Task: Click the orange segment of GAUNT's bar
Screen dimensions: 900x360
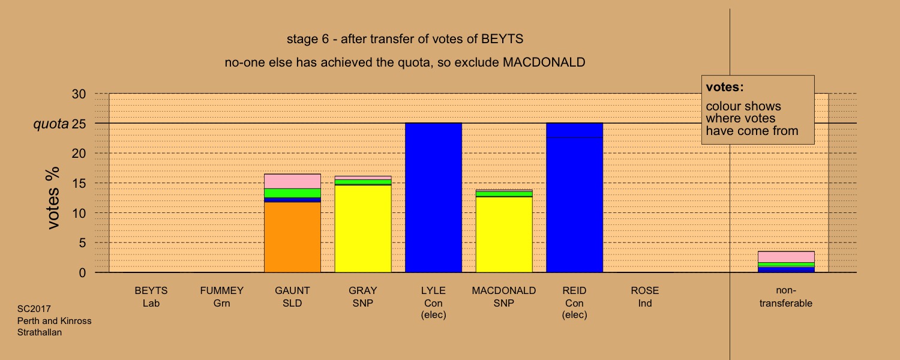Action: pyautogui.click(x=293, y=237)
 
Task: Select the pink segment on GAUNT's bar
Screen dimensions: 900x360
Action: pyautogui.click(x=293, y=181)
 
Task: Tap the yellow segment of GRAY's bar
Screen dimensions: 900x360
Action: pyautogui.click(x=363, y=229)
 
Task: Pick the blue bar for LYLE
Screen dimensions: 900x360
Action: pyautogui.click(x=434, y=197)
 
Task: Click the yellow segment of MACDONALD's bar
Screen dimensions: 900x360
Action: pyautogui.click(x=504, y=235)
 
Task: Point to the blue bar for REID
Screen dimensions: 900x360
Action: pyautogui.click(x=575, y=197)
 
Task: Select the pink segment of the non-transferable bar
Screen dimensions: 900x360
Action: pyautogui.click(x=786, y=257)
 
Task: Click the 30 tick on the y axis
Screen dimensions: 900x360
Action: pyautogui.click(x=79, y=94)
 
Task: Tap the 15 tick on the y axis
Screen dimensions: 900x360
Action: pyautogui.click(x=79, y=183)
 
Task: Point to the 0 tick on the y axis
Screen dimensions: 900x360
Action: pyautogui.click(x=82, y=273)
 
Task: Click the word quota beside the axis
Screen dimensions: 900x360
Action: pyautogui.click(x=50, y=124)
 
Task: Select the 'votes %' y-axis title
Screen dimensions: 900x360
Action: pyautogui.click(x=53, y=198)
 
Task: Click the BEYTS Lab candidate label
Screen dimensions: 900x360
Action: pyautogui.click(x=151, y=296)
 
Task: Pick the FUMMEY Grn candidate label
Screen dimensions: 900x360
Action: pyautogui.click(x=222, y=296)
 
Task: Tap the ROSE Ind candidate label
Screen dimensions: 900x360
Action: pyautogui.click(x=645, y=296)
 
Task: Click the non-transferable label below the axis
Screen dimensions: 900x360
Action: pyautogui.click(x=786, y=296)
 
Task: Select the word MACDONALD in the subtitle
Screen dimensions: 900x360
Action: pyautogui.click(x=544, y=62)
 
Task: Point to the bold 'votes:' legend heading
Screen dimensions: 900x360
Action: pyautogui.click(x=725, y=87)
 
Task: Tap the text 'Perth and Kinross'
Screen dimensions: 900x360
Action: pyautogui.click(x=54, y=320)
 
